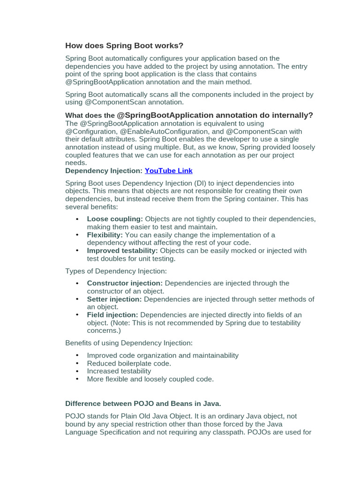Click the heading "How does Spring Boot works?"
124,45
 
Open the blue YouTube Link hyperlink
168,171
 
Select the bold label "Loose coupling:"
115,219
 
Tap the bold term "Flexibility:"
105,235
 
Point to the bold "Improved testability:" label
122,251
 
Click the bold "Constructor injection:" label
125,283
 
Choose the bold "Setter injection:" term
114,299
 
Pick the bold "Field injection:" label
112,315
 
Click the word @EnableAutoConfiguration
164,131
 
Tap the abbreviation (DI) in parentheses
199,183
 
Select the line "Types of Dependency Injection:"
116,271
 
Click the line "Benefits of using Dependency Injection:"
129,343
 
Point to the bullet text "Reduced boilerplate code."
129,363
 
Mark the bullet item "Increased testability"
119,371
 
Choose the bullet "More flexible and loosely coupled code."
150,379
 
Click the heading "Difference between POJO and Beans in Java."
143,403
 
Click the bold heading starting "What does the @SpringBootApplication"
189,115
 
